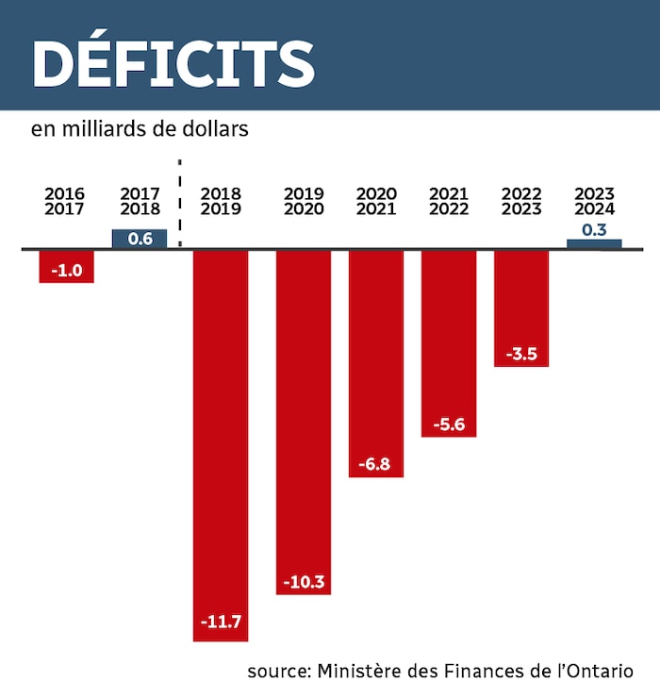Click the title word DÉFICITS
(x=173, y=63)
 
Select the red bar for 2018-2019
(x=221, y=424)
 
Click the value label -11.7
(x=221, y=622)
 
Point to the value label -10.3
(x=304, y=582)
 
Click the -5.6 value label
(x=449, y=424)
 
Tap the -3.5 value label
(x=521, y=354)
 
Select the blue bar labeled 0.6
(x=140, y=239)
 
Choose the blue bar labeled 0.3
(x=594, y=243)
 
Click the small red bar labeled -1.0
(x=66, y=267)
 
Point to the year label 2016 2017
(x=64, y=202)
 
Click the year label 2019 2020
(x=304, y=202)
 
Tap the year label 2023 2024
(x=594, y=202)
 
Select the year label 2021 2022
(x=449, y=202)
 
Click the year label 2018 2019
(x=221, y=202)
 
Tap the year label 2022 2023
(x=521, y=202)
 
